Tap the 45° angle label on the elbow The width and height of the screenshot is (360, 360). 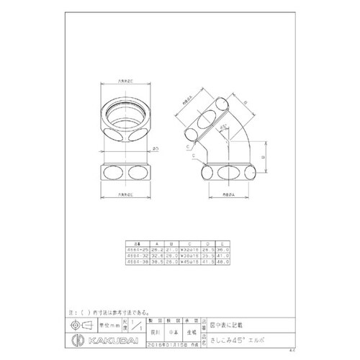(x=226, y=128)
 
